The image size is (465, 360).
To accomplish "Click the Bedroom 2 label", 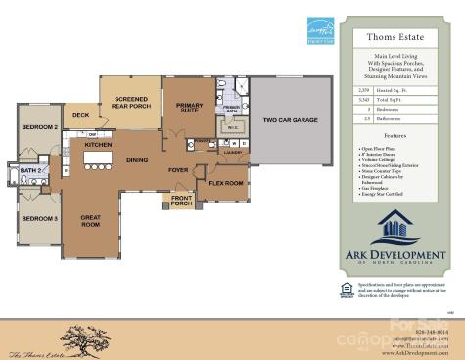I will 41,127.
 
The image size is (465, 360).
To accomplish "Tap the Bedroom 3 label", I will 40,218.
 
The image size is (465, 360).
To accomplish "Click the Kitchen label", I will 99,145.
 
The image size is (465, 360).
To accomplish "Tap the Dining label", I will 137,159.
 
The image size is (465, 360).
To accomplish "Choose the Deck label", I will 80,116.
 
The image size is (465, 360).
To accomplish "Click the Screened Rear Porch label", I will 131,103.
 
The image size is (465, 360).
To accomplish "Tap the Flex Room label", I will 226,183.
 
